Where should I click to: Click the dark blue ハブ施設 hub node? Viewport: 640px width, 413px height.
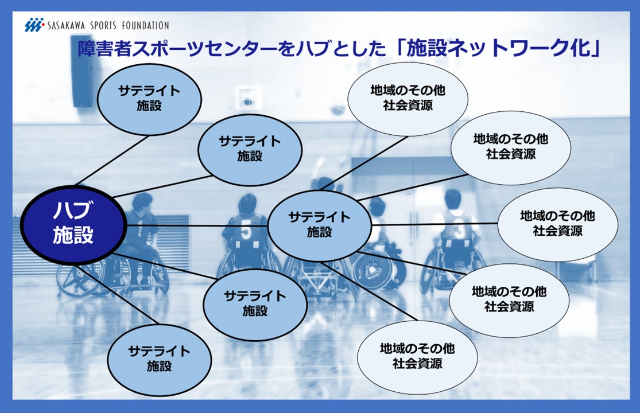[73, 225]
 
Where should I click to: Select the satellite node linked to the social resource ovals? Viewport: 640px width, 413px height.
[319, 224]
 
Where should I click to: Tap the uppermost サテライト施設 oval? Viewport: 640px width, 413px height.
[149, 98]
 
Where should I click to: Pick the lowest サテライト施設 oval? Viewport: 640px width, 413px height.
[159, 358]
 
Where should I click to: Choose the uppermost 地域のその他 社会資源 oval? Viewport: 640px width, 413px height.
[408, 98]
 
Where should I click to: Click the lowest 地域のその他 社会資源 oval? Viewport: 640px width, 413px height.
[417, 356]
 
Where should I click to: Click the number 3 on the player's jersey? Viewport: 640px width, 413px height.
[460, 231]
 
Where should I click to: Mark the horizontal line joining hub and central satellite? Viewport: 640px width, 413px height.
[195, 226]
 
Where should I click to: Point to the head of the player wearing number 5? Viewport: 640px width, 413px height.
[247, 203]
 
